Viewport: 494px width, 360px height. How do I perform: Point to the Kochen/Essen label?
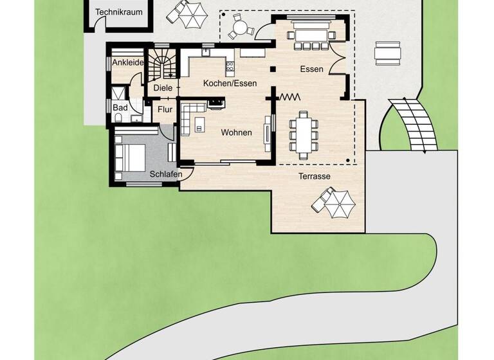[230, 83]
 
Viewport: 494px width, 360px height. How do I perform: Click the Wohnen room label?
[236, 133]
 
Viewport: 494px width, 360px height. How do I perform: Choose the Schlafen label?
[165, 174]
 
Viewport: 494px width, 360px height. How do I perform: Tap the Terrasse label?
[315, 175]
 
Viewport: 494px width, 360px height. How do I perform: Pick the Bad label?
[120, 108]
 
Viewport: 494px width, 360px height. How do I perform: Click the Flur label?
[165, 109]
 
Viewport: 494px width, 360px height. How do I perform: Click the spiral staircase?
[163, 64]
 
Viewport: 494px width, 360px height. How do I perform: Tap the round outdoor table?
[240, 28]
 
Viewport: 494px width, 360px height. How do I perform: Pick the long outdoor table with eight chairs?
[303, 135]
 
